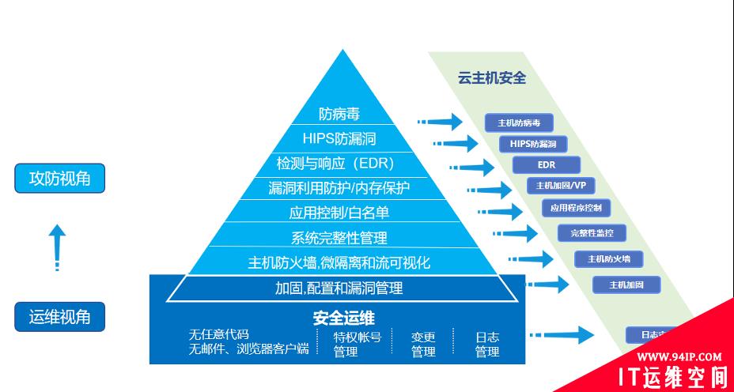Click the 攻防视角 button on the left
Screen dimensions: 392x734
tap(60, 179)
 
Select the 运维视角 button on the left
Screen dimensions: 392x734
tap(60, 318)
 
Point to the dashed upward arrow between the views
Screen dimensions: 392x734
tap(57, 247)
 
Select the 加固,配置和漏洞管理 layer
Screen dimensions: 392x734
tap(339, 288)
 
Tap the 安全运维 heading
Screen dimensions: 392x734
tap(343, 318)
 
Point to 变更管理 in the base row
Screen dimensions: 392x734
tap(423, 344)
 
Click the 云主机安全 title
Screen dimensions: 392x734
tap(492, 78)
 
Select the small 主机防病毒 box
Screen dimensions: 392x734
tap(519, 122)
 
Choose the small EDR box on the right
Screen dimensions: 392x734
tap(547, 164)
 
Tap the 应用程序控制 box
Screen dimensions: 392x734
tap(576, 208)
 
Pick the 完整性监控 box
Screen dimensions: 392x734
tap(592, 232)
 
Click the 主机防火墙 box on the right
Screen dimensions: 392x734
tap(608, 258)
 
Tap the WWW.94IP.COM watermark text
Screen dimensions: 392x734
tap(679, 356)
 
